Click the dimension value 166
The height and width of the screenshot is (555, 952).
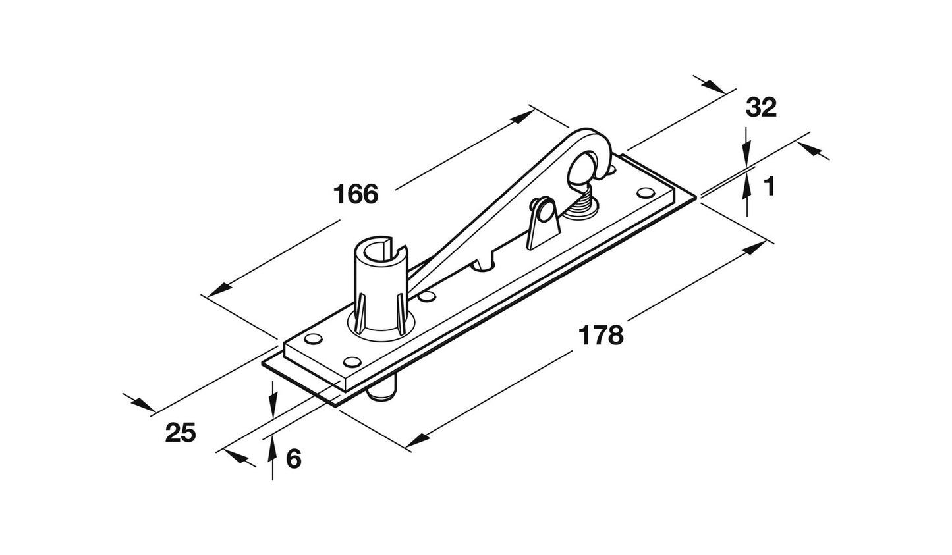[356, 195]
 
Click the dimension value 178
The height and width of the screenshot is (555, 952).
[600, 335]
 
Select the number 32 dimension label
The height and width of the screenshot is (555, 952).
[761, 107]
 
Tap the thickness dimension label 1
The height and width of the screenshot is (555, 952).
[769, 188]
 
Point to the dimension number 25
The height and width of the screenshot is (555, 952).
[181, 433]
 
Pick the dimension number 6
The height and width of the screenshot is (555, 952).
[294, 459]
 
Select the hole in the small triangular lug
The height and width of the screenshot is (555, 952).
[542, 211]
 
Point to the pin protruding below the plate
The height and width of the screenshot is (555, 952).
[381, 394]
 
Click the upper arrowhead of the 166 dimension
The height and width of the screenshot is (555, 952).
[523, 117]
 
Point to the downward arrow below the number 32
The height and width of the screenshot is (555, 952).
[746, 155]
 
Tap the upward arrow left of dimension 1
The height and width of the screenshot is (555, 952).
[746, 188]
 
